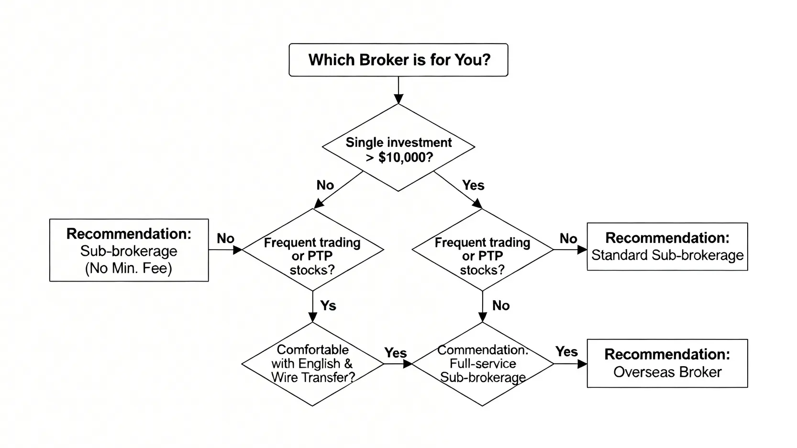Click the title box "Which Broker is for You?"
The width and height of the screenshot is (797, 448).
398,60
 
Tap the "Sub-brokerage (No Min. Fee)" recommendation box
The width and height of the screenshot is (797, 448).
129,250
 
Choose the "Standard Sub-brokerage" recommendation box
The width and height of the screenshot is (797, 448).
667,247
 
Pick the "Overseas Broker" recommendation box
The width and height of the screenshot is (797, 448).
667,363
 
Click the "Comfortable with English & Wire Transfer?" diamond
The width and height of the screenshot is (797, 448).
312,364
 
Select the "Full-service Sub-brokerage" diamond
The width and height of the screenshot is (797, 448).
482,364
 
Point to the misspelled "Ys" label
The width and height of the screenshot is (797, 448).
328,306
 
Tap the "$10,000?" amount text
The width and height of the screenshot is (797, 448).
405,157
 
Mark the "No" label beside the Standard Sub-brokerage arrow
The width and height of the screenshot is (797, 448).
568,238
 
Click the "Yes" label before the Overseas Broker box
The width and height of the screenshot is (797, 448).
566,351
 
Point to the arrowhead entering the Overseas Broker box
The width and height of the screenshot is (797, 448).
582,364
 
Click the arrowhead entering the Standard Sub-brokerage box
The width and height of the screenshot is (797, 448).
582,250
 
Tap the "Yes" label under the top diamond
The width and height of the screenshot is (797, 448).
473,185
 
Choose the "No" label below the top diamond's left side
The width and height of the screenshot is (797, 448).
325,185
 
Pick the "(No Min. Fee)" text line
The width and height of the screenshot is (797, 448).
129,268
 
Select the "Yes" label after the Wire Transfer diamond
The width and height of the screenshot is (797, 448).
396,352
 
